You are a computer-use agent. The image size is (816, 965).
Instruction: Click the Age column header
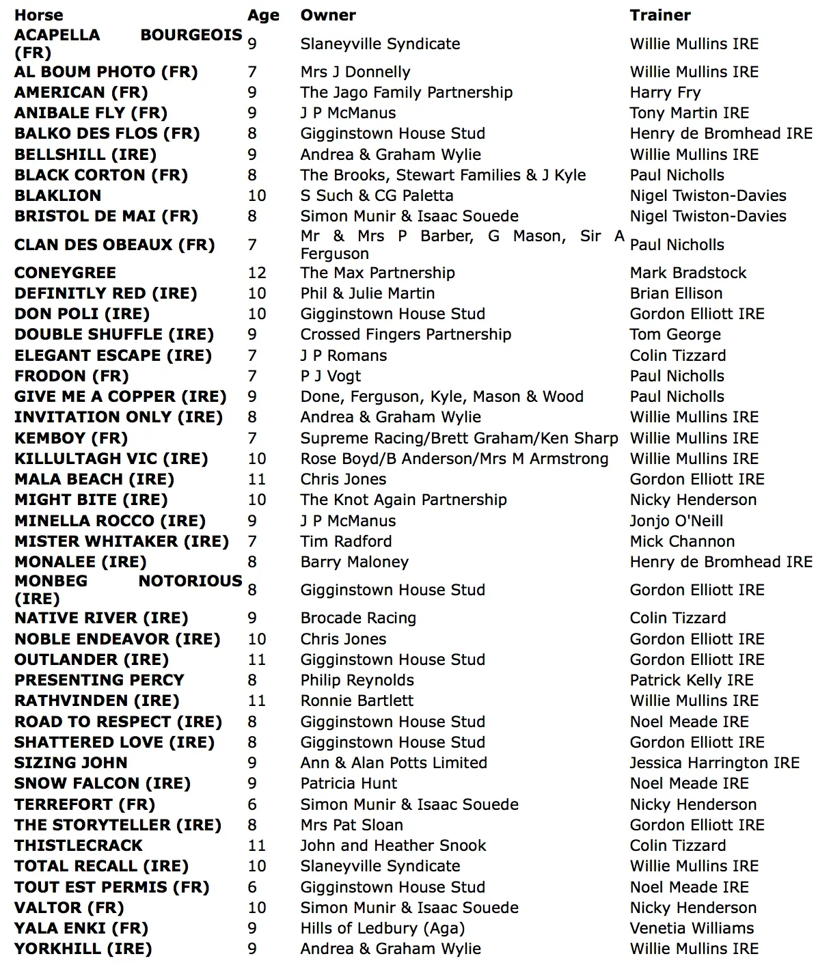point(263,16)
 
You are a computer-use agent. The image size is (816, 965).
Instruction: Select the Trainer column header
point(659,15)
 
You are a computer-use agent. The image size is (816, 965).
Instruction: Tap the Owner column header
point(328,15)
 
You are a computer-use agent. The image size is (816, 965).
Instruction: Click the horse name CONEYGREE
point(65,273)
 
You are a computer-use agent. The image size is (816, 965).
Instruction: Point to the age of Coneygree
point(257,273)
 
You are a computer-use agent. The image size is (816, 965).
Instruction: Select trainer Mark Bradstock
point(688,273)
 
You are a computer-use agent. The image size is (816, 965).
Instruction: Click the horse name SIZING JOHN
point(70,763)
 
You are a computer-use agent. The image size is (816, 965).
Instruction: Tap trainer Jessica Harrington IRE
point(714,763)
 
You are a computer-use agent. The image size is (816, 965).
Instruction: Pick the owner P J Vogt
point(330,376)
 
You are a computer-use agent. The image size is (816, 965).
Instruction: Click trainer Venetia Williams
point(692,928)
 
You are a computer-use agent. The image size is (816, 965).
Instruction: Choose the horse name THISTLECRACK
point(78,845)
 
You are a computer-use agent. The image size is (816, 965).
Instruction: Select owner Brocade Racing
point(358,618)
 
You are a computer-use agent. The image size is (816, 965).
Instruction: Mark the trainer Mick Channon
point(682,541)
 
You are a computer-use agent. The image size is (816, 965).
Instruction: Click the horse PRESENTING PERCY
point(99,680)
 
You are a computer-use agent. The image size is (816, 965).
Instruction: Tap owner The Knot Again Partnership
point(403,500)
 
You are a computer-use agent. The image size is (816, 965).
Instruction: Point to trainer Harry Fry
point(665,92)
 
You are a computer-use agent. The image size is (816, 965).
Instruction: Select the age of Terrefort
point(252,804)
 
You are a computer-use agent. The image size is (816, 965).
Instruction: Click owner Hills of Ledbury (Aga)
point(382,928)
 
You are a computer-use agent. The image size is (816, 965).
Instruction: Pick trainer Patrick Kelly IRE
point(691,680)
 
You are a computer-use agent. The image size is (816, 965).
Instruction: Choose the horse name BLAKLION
point(57,195)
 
